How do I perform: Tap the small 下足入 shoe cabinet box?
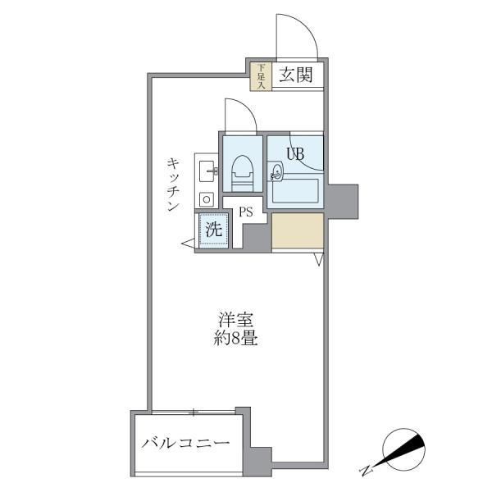(x=261, y=75)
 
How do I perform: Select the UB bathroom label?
(x=296, y=152)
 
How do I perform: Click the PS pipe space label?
(x=245, y=212)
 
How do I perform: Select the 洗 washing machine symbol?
(x=213, y=230)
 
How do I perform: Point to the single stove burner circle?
(x=206, y=198)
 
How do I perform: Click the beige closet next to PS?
(x=297, y=232)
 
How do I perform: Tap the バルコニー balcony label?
(x=184, y=444)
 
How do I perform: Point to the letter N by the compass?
(x=365, y=471)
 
